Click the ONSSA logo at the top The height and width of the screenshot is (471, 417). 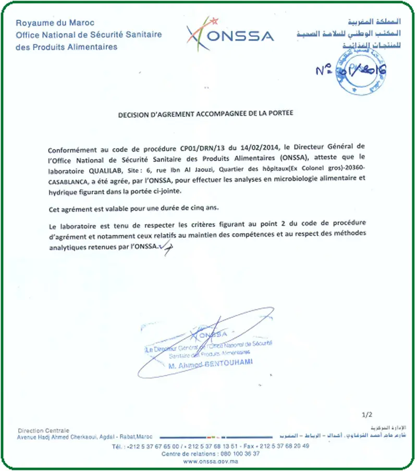[x=230, y=34]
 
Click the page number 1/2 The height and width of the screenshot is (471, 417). [x=367, y=415]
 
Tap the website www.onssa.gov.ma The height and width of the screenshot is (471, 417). [x=211, y=461]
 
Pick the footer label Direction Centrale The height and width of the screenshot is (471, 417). [x=43, y=430]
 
